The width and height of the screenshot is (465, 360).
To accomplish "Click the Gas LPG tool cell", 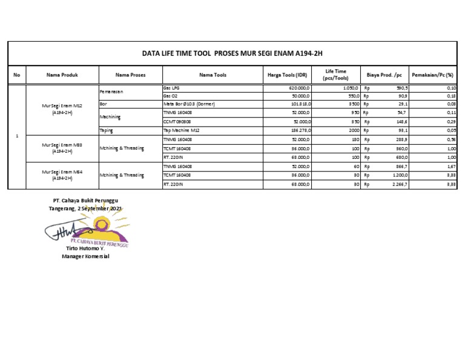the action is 172,88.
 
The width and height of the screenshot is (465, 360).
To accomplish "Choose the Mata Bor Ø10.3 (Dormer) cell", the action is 190,104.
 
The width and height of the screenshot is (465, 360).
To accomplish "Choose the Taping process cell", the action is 107,130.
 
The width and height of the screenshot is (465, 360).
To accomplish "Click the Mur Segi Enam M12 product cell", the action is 62,109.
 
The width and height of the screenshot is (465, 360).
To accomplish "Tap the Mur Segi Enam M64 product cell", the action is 62,175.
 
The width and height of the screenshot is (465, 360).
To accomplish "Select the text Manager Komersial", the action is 85,256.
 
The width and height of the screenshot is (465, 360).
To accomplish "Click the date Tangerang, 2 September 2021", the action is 85,208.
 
